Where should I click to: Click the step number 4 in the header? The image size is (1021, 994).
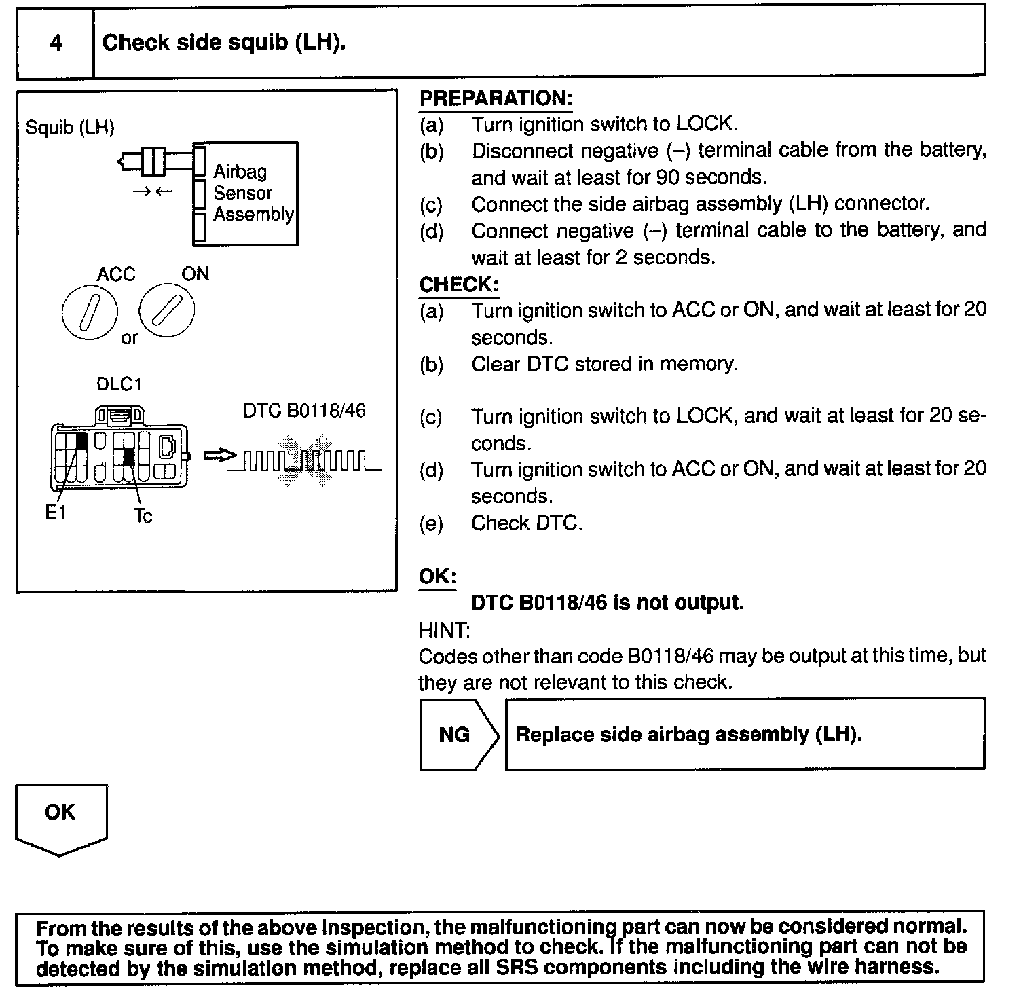coord(56,43)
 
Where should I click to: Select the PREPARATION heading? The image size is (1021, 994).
coord(496,98)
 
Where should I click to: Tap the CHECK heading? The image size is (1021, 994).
coord(459,284)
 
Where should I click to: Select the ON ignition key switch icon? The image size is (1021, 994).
coord(166,311)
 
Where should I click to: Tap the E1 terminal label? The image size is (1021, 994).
coord(56,513)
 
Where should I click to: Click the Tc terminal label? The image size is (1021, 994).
coord(143,516)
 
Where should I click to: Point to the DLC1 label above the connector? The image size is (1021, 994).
coord(119,384)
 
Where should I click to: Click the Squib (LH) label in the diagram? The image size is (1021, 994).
coord(70,127)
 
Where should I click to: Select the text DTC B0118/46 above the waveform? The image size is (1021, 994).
coord(304,411)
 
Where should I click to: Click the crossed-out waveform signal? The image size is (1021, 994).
coord(305,462)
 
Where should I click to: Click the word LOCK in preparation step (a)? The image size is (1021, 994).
coord(705,124)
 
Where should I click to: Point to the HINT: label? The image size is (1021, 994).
coord(445,630)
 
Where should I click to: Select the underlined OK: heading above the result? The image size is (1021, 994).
coord(437,576)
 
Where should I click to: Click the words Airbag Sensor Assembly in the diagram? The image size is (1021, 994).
coord(253,193)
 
